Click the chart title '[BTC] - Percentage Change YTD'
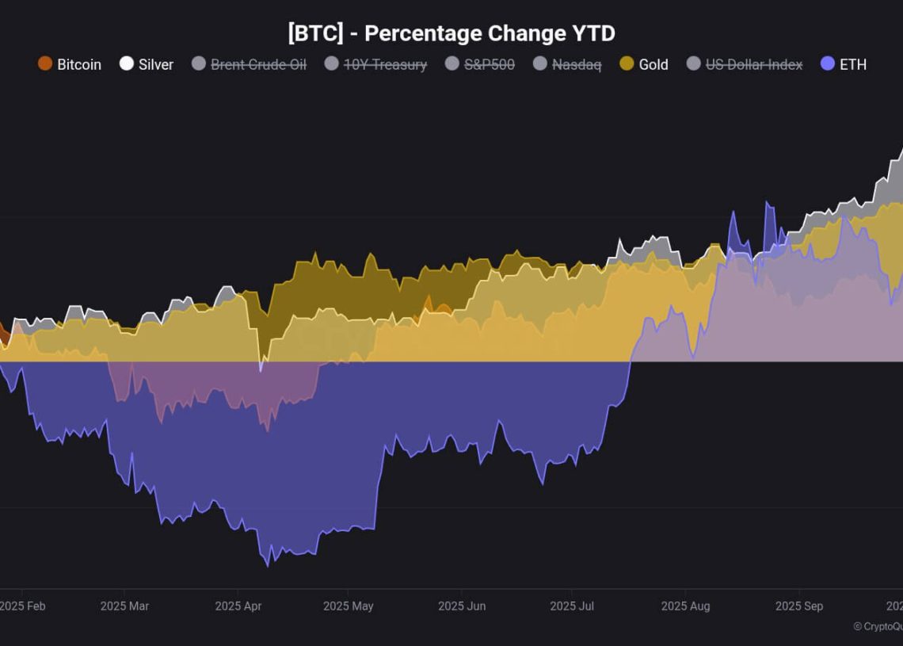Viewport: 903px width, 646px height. (x=451, y=33)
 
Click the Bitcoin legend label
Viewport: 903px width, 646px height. (x=79, y=65)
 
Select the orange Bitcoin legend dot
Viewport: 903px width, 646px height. (x=45, y=63)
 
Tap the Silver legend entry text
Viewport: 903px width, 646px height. (x=156, y=65)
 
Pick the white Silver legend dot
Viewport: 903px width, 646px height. (x=127, y=63)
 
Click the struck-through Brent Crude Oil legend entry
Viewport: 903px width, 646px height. (x=258, y=65)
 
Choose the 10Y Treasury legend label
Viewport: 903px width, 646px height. (x=385, y=65)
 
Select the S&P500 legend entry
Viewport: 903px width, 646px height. (x=489, y=65)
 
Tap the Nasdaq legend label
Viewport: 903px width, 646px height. (x=577, y=65)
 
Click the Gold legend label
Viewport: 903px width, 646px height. (x=653, y=65)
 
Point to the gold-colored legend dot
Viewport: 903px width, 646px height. (x=627, y=63)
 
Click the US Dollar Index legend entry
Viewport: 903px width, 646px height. (x=753, y=65)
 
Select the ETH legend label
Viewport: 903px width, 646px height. (x=853, y=65)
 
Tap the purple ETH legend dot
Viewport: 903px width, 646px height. (x=828, y=63)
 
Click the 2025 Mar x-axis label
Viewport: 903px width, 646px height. (x=124, y=606)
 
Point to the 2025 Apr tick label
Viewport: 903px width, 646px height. (x=238, y=606)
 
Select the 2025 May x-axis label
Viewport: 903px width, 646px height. (x=348, y=606)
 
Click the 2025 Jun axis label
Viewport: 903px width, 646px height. (x=462, y=606)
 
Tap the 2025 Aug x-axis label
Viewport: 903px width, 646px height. (x=685, y=606)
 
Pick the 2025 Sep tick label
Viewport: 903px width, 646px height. (x=799, y=606)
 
